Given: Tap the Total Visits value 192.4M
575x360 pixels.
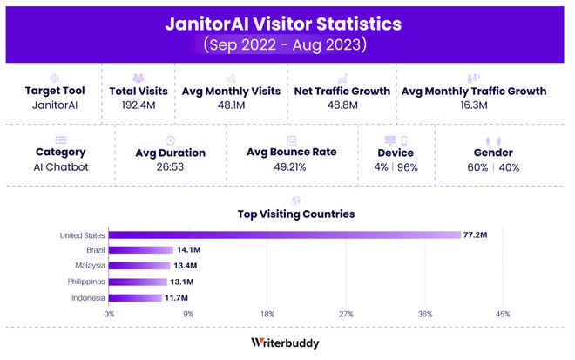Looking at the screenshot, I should click(139, 105).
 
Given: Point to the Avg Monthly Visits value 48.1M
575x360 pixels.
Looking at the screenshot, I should click(231, 105).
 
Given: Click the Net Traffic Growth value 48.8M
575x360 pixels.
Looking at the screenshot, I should click(340, 105).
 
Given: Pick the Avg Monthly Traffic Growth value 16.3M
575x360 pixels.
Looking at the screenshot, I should click(474, 105).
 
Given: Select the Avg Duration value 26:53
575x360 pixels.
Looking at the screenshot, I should click(171, 166).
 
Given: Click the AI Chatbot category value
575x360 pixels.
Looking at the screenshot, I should click(60, 166).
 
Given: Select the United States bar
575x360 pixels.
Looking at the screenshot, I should click(284, 234).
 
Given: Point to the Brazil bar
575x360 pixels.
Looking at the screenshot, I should click(140, 250).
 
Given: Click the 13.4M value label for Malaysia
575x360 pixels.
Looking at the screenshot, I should click(186, 265).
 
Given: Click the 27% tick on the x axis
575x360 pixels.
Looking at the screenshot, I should click(345, 314).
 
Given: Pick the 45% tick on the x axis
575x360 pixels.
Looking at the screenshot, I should click(503, 314).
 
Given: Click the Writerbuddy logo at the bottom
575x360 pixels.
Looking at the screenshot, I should click(285, 343).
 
